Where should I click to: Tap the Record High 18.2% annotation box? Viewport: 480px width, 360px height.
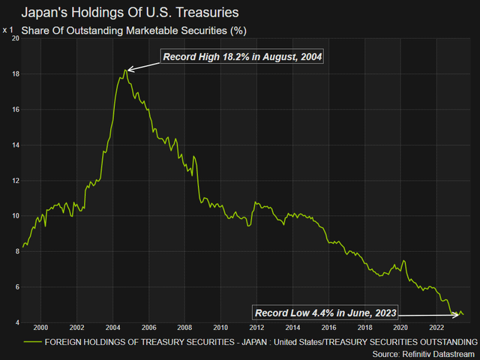242,57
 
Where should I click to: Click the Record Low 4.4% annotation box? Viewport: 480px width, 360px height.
323,313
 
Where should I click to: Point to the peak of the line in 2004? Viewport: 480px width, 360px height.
124,70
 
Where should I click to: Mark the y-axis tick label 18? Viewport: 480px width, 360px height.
14,74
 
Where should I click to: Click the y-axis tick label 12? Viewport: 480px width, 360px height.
14,181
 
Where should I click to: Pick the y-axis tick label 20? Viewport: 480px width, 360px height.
14,39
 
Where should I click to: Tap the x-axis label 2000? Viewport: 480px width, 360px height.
40,328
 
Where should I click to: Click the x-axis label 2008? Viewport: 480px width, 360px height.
184,328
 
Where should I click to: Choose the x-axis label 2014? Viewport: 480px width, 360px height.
292,328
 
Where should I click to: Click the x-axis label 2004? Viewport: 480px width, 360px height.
112,328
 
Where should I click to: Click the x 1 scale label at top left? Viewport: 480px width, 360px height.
8,30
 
